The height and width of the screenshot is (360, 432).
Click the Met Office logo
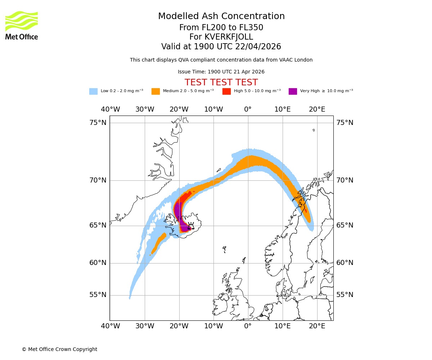22,25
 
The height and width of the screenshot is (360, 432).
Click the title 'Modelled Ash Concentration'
221,16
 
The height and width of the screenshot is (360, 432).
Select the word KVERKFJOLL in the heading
229,37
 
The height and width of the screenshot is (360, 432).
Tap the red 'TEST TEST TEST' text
221,82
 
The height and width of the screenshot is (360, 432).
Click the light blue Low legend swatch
93,91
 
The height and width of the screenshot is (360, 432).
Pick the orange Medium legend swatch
156,91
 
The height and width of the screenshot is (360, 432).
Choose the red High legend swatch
226,91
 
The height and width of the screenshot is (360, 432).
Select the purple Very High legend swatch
293,91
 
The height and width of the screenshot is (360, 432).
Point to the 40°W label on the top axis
110,109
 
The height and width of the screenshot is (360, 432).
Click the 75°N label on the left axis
98,123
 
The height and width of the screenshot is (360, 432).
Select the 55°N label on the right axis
345,295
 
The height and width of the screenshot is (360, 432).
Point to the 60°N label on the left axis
98,263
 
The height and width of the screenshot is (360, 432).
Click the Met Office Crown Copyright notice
59,349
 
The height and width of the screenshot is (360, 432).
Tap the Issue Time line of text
221,72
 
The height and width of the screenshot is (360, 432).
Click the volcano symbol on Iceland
191,225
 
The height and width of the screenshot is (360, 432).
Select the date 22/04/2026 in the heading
258,47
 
